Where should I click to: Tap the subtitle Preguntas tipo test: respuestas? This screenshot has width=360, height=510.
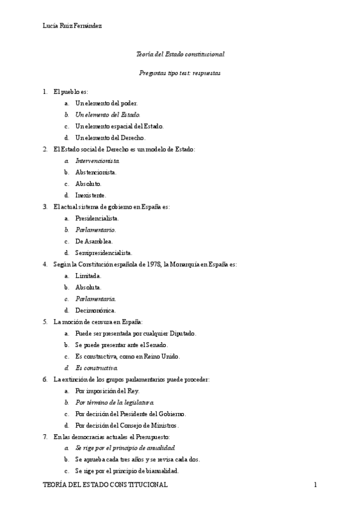coord(180,72)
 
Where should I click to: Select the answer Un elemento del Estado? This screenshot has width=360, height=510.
coord(108,114)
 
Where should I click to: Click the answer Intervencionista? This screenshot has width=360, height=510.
coord(97,161)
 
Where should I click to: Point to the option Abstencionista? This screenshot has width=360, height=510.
coord(96,172)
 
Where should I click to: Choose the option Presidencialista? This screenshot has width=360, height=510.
coord(97,218)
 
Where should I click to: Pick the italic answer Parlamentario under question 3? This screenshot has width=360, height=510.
coord(96,230)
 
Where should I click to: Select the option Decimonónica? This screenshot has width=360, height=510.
coord(96,310)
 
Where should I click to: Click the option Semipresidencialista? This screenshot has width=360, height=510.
coord(103,253)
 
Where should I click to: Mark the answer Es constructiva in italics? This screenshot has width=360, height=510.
coord(97,367)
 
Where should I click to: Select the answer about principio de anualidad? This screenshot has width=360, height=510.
coord(125,448)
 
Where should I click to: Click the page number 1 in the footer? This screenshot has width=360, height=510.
coord(315,485)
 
